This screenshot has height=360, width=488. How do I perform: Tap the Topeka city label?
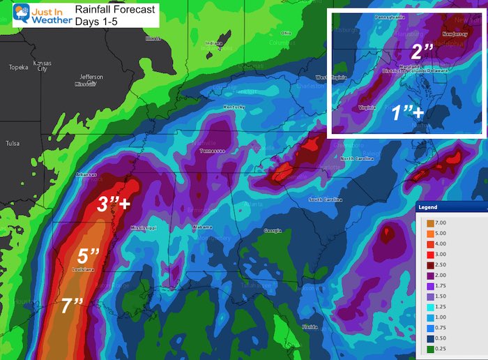(17, 68)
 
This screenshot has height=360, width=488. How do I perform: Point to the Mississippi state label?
(146, 228)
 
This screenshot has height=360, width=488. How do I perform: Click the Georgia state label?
(273, 231)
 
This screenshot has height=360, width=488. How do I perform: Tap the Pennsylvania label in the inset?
(390, 16)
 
